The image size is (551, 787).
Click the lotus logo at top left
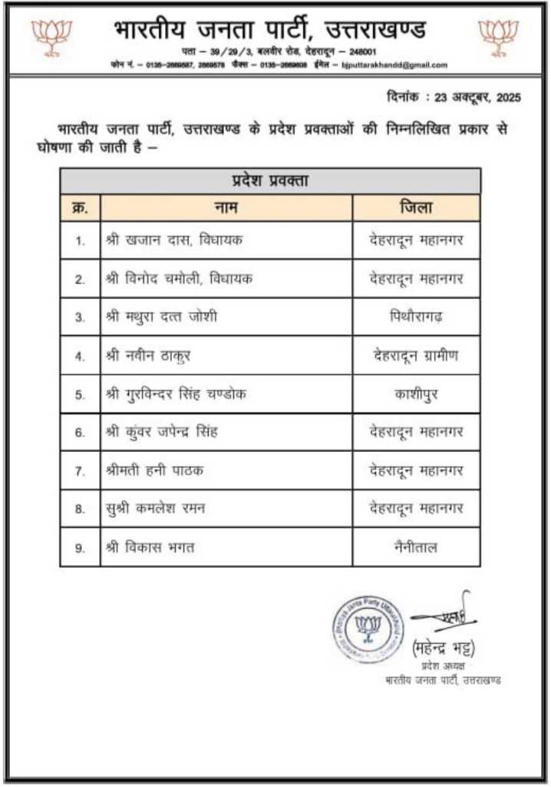(51, 35)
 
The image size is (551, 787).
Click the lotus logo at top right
(498, 35)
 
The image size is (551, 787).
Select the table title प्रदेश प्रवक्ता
(270, 181)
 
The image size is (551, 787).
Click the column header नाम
(226, 208)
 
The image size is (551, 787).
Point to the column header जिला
(416, 208)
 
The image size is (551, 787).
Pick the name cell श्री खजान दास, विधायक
(174, 241)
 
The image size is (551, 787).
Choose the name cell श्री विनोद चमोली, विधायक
(179, 278)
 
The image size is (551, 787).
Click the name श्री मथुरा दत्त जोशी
(161, 316)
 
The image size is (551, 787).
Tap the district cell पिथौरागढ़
(416, 316)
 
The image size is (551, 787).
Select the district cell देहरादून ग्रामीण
(416, 355)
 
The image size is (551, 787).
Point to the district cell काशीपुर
(416, 393)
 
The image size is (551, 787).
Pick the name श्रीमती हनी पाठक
(154, 470)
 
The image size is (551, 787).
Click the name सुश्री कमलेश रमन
(155, 508)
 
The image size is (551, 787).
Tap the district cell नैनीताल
(416, 547)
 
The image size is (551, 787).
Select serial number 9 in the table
(80, 548)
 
